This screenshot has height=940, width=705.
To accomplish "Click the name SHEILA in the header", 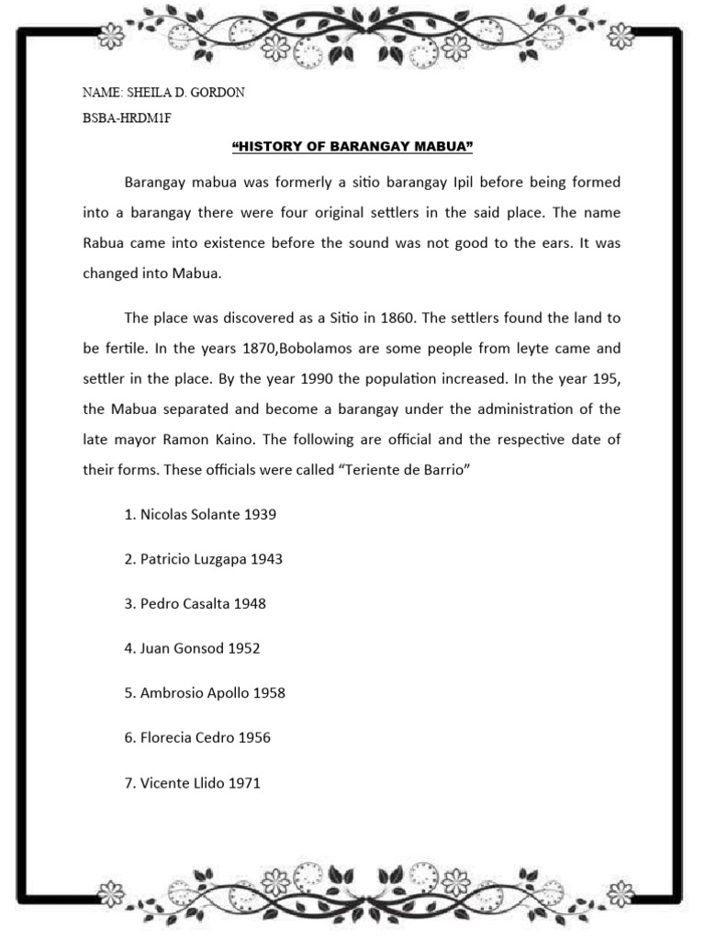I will click(151, 93).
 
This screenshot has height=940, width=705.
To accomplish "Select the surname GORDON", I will click(218, 93).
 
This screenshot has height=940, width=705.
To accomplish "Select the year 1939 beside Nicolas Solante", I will click(260, 514).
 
